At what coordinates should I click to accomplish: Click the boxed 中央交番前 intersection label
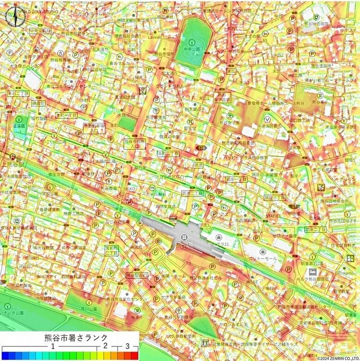click(x=39, y=31)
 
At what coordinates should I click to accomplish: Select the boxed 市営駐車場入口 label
click(x=94, y=128)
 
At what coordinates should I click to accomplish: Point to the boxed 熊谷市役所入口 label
click(x=134, y=143)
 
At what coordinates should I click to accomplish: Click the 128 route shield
click(x=202, y=148)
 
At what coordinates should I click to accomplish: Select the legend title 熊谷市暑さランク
click(x=69, y=337)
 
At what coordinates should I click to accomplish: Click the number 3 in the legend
click(x=127, y=346)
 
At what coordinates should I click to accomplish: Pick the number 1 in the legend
click(x=53, y=346)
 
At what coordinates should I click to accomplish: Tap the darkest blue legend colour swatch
click(x=6, y=355)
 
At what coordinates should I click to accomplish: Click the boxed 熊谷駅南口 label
click(x=137, y=275)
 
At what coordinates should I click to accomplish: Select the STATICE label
click(x=273, y=215)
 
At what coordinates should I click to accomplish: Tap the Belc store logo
click(x=312, y=272)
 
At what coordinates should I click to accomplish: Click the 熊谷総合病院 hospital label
click(x=316, y=23)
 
